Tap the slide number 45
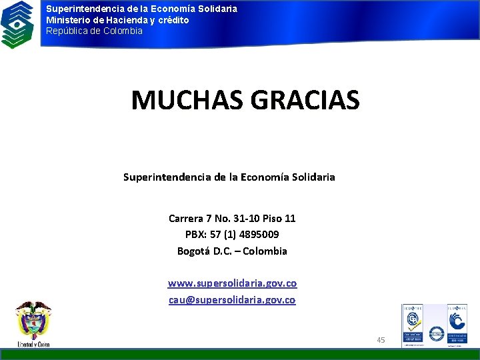point(381,340)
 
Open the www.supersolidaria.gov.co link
point(232,283)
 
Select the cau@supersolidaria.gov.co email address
point(232,300)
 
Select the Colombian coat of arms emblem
point(33,321)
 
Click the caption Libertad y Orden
point(33,344)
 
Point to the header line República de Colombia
point(94,31)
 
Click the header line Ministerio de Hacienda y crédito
point(117,20)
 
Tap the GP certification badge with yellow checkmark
point(412,325)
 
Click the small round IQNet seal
point(436,333)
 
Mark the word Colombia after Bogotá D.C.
point(265,251)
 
